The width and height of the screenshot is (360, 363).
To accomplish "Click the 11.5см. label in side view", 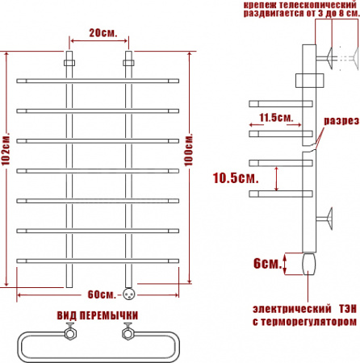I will pyautogui.click(x=276, y=118).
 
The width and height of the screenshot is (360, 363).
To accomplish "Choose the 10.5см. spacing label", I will pyautogui.click(x=235, y=177).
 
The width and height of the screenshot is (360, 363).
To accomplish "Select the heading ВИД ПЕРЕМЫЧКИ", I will pyautogui.click(x=97, y=315).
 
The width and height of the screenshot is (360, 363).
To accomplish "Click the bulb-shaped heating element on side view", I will pyautogui.click(x=308, y=263).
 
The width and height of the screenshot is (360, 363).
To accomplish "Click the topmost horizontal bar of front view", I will pyautogui.click(x=98, y=80).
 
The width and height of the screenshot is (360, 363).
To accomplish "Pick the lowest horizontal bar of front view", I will pyautogui.click(x=98, y=259).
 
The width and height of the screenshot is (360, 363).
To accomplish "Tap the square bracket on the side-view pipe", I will pyautogui.click(x=308, y=80).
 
